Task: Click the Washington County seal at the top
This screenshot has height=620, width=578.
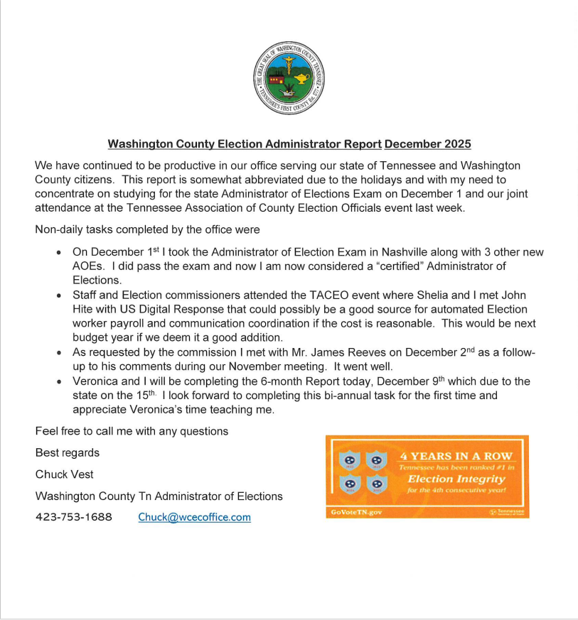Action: tap(289, 77)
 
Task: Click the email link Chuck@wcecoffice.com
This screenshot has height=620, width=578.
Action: tap(194, 517)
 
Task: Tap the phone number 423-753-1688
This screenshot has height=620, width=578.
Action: tap(74, 517)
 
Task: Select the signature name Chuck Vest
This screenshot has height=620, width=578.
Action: tap(65, 474)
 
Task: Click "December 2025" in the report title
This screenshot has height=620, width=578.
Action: tap(428, 144)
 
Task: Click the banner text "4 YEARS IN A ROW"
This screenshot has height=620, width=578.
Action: tap(456, 456)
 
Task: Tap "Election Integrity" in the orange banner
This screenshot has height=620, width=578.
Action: tap(456, 479)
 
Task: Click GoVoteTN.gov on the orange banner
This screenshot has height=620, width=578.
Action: tap(356, 512)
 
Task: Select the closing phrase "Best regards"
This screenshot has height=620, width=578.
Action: tap(68, 453)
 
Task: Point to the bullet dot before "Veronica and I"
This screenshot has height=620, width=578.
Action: tap(59, 382)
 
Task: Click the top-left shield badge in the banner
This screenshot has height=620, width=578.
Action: tap(349, 459)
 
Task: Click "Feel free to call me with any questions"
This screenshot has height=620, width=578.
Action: tap(132, 431)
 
